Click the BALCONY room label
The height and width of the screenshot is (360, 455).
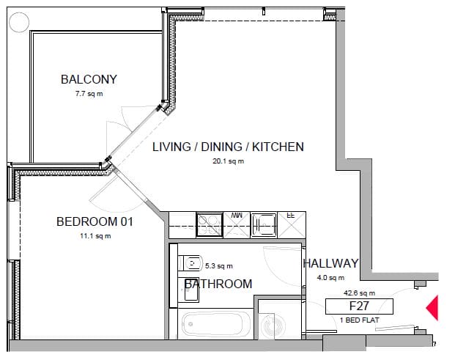[x=89, y=79]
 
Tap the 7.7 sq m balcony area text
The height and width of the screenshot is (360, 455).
[x=89, y=94]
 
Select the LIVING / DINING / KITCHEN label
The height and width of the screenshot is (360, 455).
[x=228, y=147]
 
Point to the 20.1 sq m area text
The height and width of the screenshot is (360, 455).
[x=228, y=161]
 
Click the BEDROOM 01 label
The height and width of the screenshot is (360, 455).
[x=95, y=221]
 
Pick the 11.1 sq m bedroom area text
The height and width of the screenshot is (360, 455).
[x=95, y=236]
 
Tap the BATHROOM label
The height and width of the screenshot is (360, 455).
[x=218, y=284]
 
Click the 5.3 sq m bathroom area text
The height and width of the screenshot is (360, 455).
[x=219, y=265]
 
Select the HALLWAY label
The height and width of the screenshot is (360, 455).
[x=330, y=263]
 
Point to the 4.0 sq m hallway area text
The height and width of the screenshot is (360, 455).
[x=330, y=278]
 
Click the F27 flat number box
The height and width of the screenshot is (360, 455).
[x=359, y=306]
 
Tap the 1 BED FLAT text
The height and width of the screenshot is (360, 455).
[x=360, y=320]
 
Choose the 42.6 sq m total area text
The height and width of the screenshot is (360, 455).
[x=359, y=293]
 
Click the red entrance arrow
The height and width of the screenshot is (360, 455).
[x=433, y=308]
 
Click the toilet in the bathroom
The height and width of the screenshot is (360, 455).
[x=190, y=263]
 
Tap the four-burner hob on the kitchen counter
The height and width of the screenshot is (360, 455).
[x=209, y=225]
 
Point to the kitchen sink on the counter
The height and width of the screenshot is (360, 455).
[x=264, y=225]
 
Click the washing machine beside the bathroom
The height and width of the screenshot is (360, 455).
[x=272, y=325]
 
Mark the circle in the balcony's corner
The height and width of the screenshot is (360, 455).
[x=19, y=22]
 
